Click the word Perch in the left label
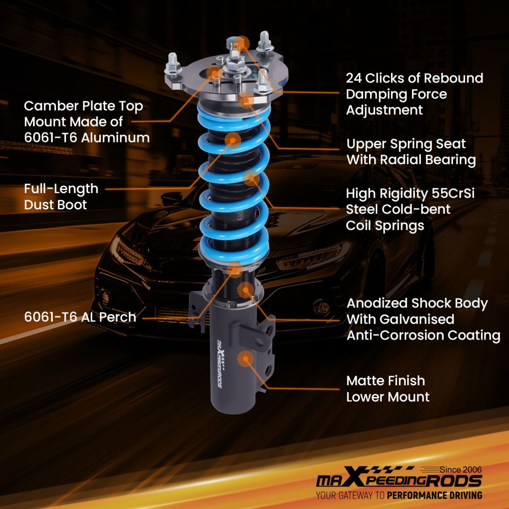[118, 317]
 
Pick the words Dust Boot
[55, 205]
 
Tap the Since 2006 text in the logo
[460, 470]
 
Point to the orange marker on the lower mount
[246, 359]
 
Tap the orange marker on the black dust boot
[233, 140]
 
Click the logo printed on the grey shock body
[220, 363]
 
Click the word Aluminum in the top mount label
[115, 138]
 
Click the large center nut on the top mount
[235, 62]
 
